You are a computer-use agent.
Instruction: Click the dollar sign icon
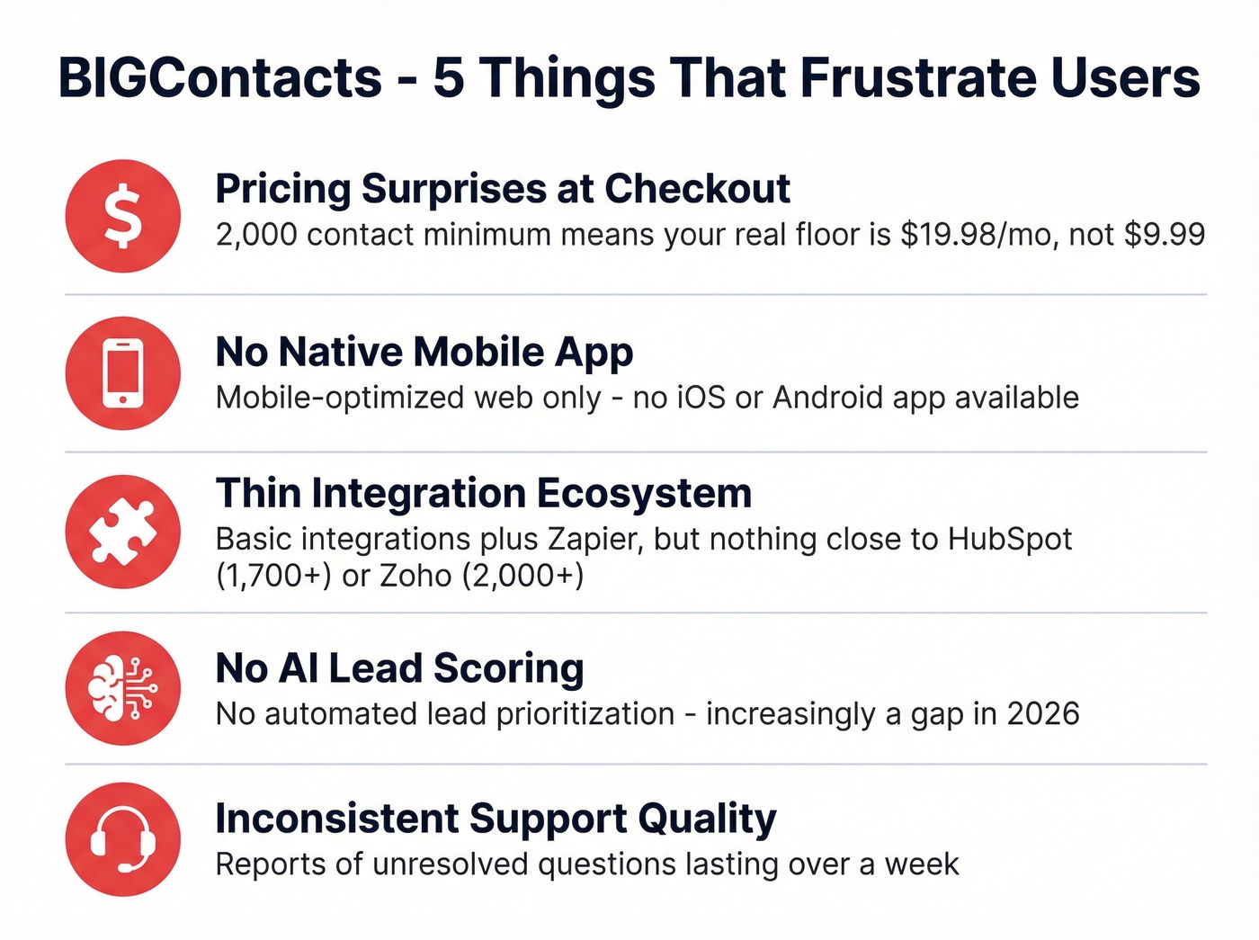[x=123, y=216]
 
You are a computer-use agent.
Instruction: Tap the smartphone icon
[x=123, y=373]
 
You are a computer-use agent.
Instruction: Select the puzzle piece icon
[x=123, y=532]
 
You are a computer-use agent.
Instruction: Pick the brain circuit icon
[x=123, y=689]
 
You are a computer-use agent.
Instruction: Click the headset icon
[x=123, y=840]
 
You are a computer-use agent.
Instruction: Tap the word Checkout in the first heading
[x=697, y=190]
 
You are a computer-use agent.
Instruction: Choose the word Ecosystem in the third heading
[x=644, y=493]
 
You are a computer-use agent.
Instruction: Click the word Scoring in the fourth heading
[x=509, y=669]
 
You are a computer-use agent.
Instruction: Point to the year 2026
[x=1042, y=714]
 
